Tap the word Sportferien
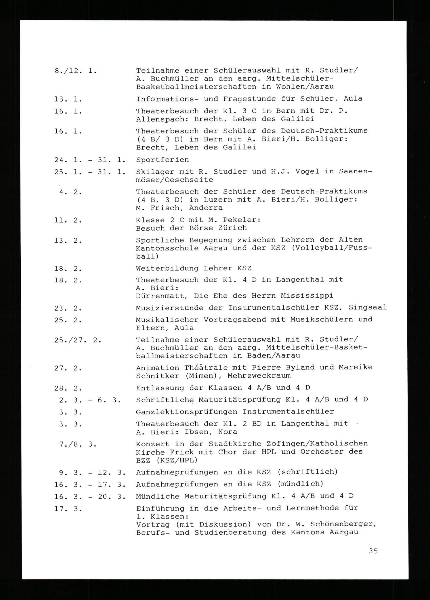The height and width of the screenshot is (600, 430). point(162,160)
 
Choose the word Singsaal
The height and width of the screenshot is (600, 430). point(368,308)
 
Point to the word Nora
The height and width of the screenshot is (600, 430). point(227,432)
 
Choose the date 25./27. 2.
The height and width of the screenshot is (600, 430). point(78,340)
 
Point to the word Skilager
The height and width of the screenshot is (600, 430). point(155,172)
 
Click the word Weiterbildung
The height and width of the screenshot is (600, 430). point(167,269)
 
